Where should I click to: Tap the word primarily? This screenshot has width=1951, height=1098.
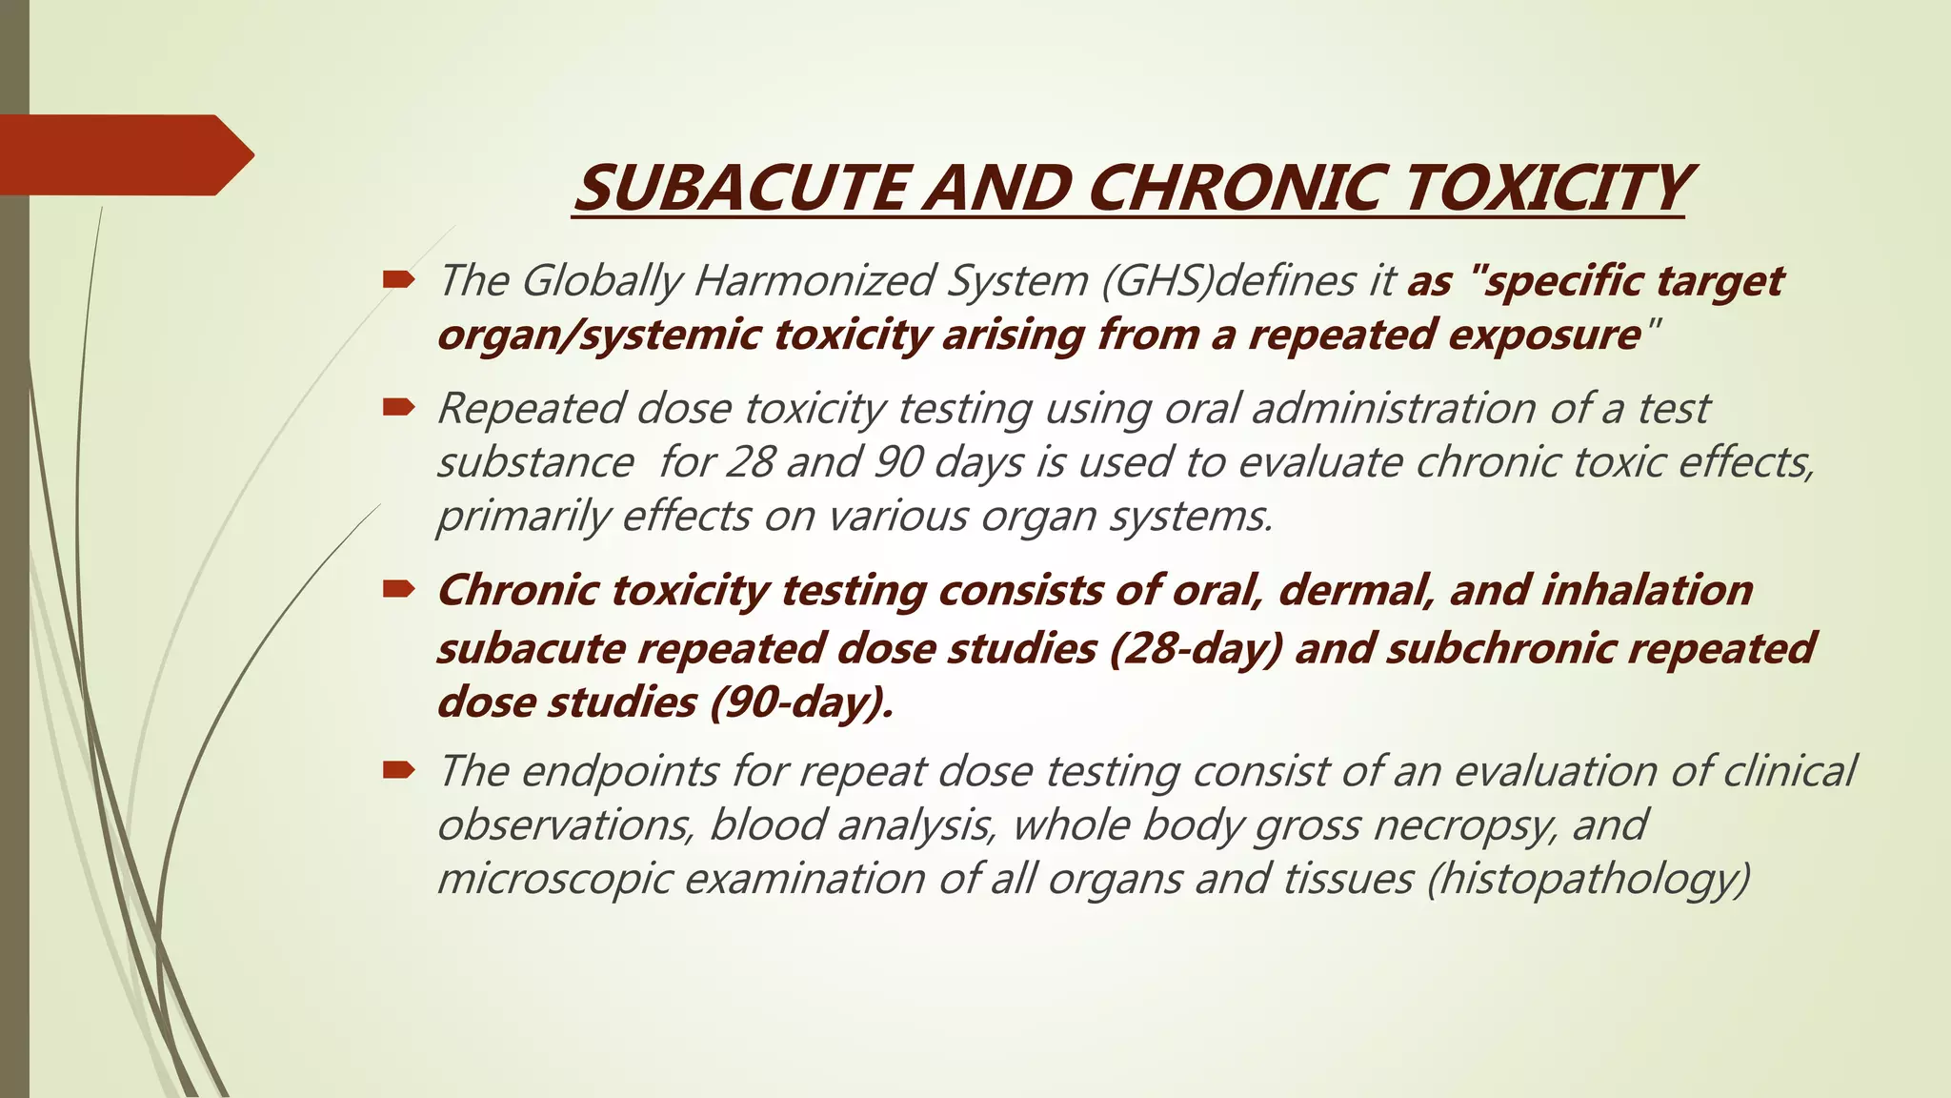522,517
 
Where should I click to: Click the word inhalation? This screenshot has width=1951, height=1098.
1647,591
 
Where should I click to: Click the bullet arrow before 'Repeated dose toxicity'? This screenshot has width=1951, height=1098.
398,408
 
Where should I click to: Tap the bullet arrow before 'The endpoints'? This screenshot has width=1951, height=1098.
398,770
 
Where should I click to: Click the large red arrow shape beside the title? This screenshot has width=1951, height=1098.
124,154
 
